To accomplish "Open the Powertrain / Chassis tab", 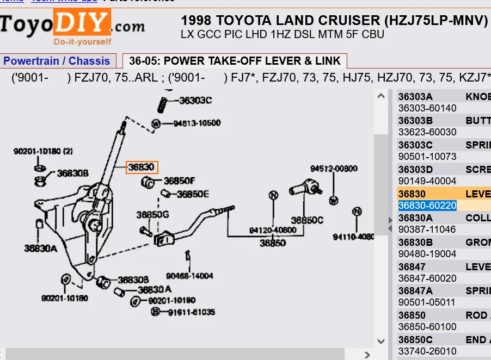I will coord(57,61).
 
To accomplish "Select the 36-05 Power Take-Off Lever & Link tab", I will coord(235,61).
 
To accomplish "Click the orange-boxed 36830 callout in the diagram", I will coord(142,167).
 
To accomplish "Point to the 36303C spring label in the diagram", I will coord(195,100).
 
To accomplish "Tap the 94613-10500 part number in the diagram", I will coord(197,123).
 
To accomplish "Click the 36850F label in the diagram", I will coord(179,181).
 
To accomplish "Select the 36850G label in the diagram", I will coord(152,215).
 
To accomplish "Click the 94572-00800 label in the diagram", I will coord(334,169).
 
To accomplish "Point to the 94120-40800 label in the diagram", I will coord(273,231).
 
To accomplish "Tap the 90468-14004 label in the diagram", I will coord(189,276).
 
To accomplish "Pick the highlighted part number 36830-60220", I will coord(427,205).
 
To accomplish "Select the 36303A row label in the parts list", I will coord(415,96).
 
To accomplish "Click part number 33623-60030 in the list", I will coord(427,132).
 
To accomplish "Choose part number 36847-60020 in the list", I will coord(427,278).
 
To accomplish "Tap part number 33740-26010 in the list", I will coord(427,351).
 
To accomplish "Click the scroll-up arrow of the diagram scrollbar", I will coord(381,96).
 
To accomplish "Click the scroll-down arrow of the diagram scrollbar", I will coord(381,341).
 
